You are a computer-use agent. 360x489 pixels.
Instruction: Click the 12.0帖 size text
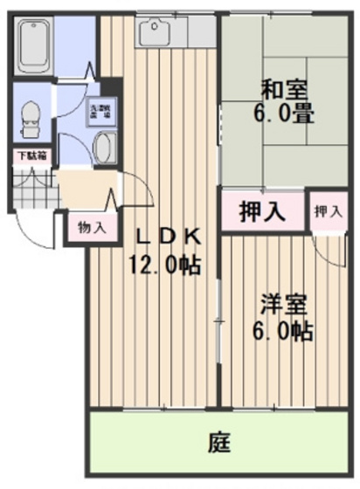click(x=166, y=263)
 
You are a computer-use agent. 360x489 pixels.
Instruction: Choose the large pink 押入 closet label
click(x=260, y=211)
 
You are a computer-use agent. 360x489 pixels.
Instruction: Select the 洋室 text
click(x=280, y=307)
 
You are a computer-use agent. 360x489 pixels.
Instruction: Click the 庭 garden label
click(x=218, y=443)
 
